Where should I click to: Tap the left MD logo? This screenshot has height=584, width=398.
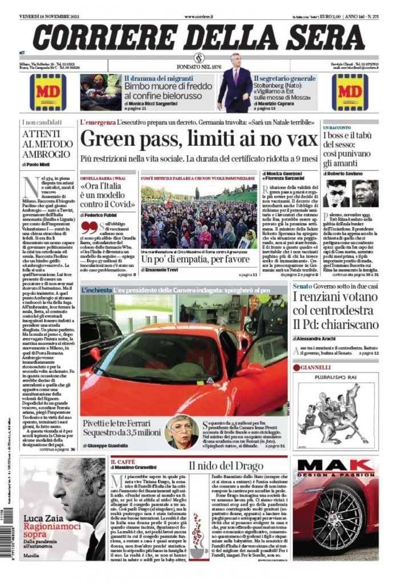click(x=48, y=92)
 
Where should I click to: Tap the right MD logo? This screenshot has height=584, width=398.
click(x=350, y=92)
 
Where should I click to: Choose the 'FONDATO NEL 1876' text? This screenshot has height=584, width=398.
click(x=199, y=64)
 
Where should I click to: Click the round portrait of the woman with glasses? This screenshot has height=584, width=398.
click(x=181, y=432)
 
